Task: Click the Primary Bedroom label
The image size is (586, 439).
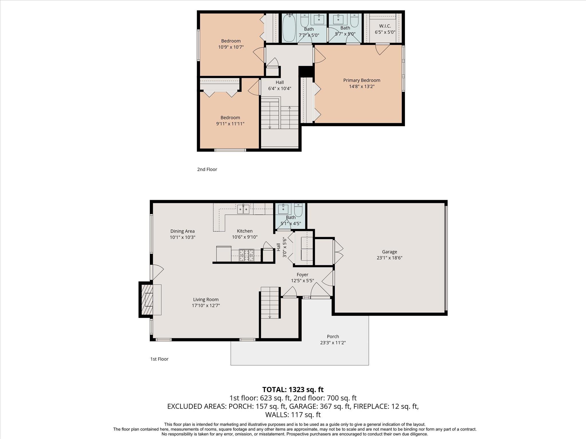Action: (362, 80)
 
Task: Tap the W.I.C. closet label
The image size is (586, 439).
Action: (385, 26)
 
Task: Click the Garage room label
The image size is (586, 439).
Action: (389, 252)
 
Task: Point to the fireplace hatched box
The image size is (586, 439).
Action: (147, 300)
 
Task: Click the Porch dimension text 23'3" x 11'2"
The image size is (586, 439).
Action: (333, 343)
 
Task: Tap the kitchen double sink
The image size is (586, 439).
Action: (243, 209)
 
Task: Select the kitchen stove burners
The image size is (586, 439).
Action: (246, 256)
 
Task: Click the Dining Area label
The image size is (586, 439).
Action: (182, 231)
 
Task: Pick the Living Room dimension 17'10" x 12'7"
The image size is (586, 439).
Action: (206, 306)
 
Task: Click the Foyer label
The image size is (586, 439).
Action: (302, 275)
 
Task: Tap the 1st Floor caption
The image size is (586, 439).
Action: (159, 359)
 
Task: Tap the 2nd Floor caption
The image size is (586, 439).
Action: (207, 169)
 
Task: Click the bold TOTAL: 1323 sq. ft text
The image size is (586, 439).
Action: (293, 390)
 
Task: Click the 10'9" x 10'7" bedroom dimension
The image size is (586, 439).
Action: (231, 47)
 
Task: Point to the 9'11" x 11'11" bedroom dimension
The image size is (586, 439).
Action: (230, 124)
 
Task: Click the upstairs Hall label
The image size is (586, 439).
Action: (280, 82)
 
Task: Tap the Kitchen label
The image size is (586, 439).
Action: (245, 231)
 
